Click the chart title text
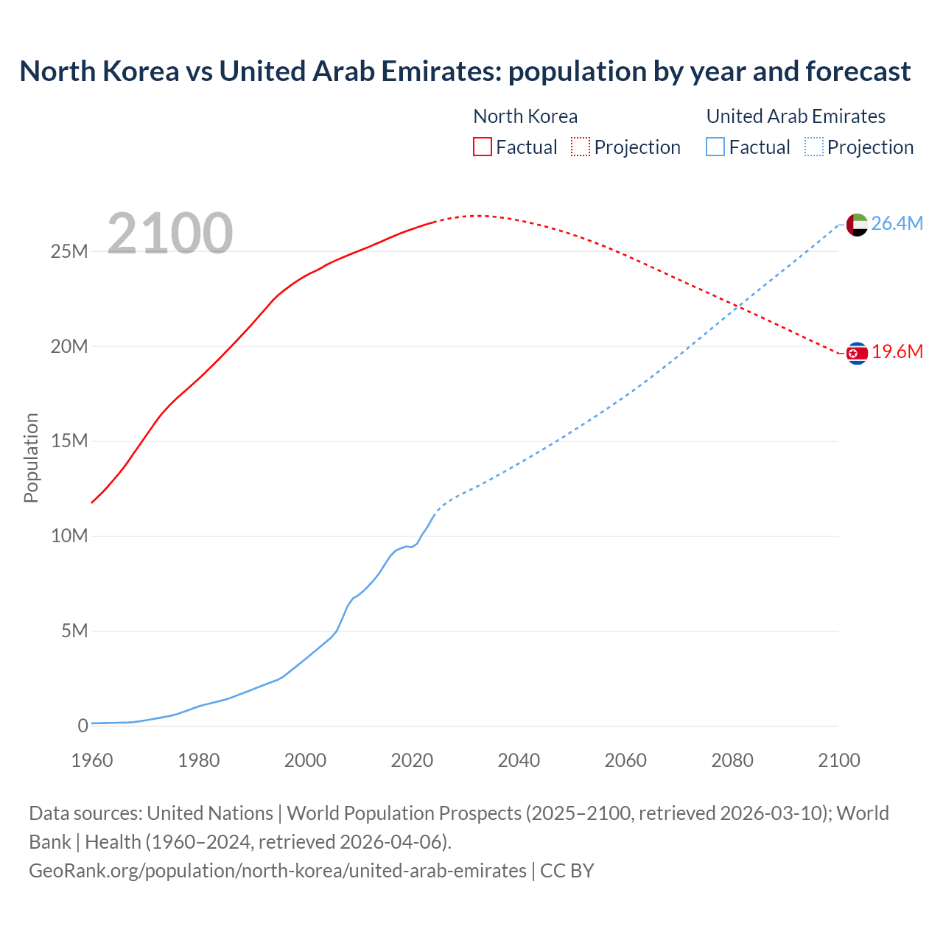[465, 71]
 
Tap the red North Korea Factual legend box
[482, 147]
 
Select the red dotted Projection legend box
[581, 147]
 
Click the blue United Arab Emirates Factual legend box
[715, 147]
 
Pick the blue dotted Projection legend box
[813, 147]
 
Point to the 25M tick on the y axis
[69, 252]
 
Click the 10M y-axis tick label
[69, 536]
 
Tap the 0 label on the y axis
[83, 726]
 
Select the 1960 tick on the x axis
[92, 760]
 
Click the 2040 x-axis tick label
[519, 760]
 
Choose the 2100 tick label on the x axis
[838, 760]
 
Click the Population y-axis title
[31, 458]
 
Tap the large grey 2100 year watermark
[170, 234]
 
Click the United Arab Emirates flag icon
[857, 225]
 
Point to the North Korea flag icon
[857, 354]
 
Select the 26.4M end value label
[897, 224]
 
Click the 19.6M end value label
[897, 352]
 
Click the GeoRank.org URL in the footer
[278, 871]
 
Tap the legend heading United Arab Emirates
[796, 116]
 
